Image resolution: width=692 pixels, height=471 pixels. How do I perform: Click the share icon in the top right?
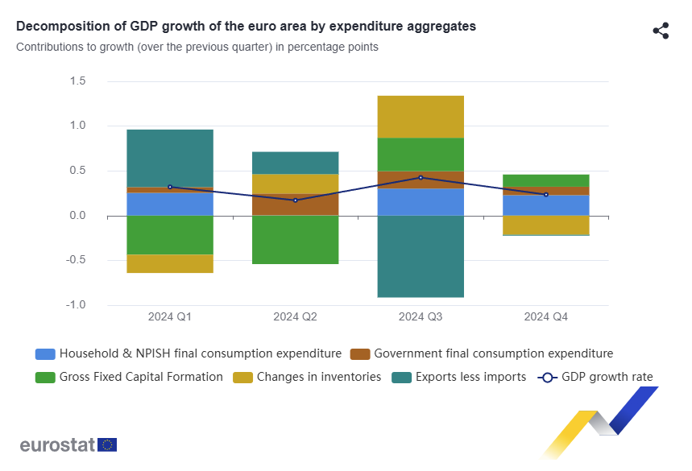point(661,31)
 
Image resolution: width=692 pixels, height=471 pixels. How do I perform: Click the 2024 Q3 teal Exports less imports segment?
point(421,256)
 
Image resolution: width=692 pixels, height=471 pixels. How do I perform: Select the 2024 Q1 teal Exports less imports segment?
point(170,158)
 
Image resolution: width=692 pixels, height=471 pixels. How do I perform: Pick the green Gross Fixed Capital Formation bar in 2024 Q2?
point(295,239)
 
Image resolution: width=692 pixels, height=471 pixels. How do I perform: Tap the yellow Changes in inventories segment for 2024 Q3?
point(421,117)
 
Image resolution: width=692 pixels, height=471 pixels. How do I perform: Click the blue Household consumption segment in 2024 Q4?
point(545,205)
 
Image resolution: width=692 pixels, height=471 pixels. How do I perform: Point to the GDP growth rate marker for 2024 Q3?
point(421,177)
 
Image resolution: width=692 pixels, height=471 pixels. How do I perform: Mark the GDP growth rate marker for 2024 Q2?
point(295,200)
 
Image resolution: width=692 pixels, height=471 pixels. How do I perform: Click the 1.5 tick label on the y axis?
point(77,81)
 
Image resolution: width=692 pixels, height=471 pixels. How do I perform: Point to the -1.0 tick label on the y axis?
point(76,305)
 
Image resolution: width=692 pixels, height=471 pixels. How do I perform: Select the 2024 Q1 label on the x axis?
point(170,317)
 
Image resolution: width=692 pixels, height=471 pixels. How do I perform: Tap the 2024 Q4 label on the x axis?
point(545,317)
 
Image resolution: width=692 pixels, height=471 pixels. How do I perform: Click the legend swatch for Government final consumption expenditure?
point(360,353)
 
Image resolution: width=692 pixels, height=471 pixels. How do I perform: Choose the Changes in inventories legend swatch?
point(242,377)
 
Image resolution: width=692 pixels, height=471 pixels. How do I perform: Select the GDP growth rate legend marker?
point(547,377)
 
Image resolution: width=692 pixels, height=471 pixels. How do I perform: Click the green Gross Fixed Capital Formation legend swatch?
point(46,377)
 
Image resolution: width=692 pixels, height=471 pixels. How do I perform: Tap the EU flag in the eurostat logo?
point(107,444)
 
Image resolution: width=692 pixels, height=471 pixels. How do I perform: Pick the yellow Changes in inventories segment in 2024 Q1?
point(170,263)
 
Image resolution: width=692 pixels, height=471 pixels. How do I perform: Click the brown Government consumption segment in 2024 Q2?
point(295,205)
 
